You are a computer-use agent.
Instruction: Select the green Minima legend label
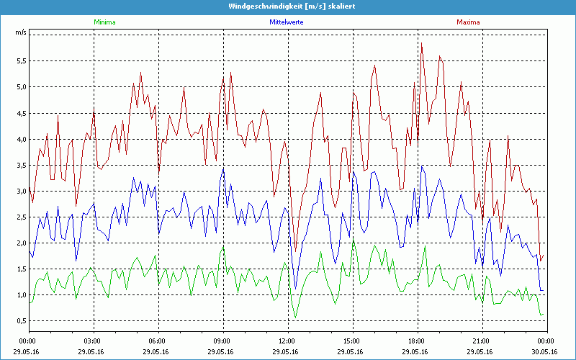104,22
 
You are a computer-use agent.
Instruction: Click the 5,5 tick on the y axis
21,60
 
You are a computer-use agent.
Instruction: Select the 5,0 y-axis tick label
21,86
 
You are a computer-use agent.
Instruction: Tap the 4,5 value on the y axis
21,112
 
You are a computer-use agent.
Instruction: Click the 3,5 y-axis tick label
21,165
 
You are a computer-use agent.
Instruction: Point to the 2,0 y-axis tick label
21,243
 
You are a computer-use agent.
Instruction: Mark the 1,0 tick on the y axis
21,294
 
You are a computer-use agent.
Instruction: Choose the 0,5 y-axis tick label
21,320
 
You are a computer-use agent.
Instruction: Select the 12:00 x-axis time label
287,341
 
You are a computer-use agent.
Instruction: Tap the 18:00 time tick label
417,341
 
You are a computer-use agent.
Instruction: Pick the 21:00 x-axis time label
481,341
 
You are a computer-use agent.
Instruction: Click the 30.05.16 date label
546,352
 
